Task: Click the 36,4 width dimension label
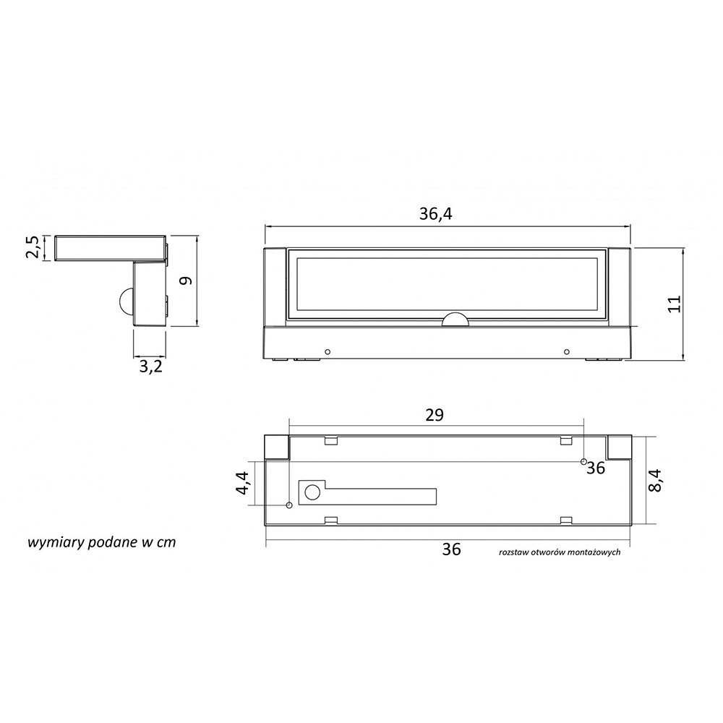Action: [x=436, y=213]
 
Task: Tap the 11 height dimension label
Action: [x=674, y=304]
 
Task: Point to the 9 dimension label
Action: [x=185, y=281]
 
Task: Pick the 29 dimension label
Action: [x=435, y=415]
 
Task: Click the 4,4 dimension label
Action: [x=243, y=483]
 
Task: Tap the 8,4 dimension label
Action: [x=655, y=481]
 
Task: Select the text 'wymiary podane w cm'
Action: [x=102, y=542]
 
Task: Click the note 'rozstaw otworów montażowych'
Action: [x=560, y=552]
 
